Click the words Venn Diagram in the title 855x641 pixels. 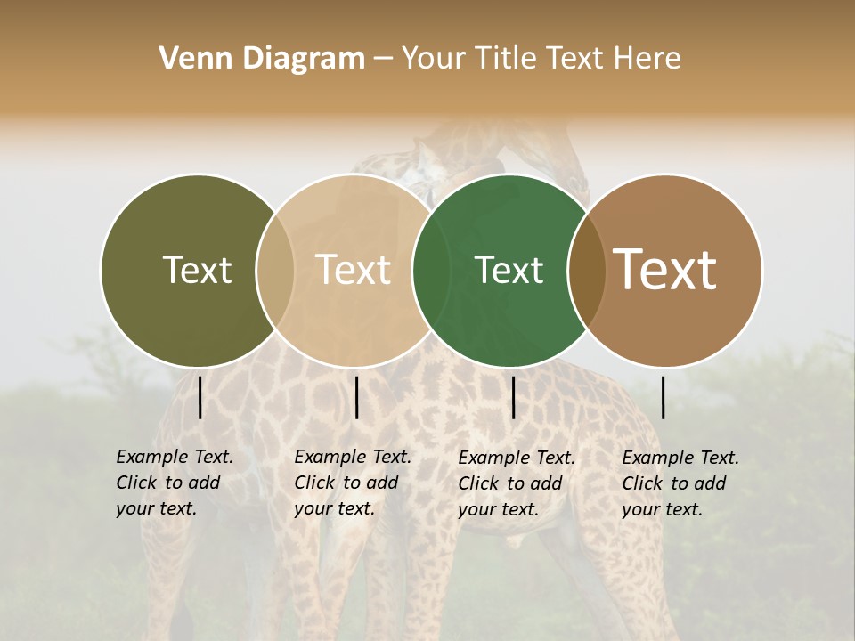point(262,59)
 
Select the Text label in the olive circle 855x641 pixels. point(197,270)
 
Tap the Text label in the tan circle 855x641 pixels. point(354,270)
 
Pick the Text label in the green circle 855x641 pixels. point(509,270)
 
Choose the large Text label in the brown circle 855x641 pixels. point(665,270)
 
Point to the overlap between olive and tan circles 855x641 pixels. point(275,270)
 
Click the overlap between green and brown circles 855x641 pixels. point(585,270)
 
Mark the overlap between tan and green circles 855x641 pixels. point(431,270)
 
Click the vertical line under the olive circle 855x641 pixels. point(199,397)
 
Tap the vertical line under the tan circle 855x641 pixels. point(356,397)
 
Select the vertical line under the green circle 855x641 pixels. point(513,397)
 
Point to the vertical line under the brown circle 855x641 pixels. point(664,397)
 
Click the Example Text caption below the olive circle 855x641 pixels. point(174,483)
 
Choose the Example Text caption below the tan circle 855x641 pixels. point(352,483)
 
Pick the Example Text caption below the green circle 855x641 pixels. point(516,483)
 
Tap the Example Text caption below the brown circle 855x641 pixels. point(680,483)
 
